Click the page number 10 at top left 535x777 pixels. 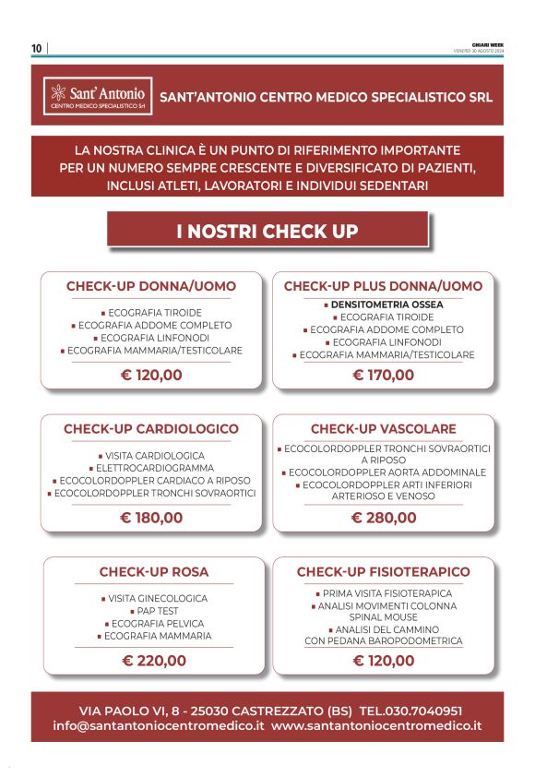[x=36, y=48]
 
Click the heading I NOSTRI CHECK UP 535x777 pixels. [x=267, y=231]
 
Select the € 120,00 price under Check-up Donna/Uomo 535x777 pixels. [x=151, y=375]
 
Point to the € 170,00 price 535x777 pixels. [x=383, y=375]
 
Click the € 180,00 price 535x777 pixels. [x=151, y=518]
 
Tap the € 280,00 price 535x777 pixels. [x=383, y=518]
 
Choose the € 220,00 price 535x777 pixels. [x=154, y=661]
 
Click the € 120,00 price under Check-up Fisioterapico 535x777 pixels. [x=383, y=661]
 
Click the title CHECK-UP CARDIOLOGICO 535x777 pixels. [x=151, y=429]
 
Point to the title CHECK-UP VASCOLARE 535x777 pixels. [x=383, y=429]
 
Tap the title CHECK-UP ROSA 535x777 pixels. [x=154, y=572]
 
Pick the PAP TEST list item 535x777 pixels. [x=156, y=611]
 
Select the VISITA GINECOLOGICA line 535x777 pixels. [x=154, y=598]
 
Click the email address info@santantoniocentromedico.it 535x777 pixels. [x=159, y=725]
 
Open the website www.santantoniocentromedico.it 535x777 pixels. [x=376, y=725]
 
